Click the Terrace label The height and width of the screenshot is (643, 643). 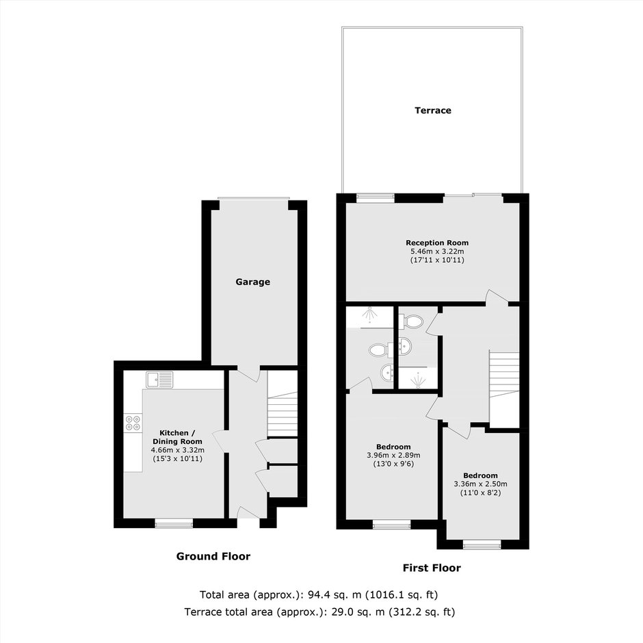[432, 110]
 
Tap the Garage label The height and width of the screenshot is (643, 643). [252, 282]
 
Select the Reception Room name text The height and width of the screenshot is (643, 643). [437, 243]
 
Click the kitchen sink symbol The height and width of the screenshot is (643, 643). [159, 380]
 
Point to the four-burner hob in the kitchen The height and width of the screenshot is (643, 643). [133, 423]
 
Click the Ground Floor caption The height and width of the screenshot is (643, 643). [213, 556]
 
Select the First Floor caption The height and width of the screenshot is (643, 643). [432, 568]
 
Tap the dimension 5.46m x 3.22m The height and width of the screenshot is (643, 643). [437, 251]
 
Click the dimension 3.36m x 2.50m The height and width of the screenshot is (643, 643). [480, 484]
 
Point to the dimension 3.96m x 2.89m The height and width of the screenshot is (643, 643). [393, 455]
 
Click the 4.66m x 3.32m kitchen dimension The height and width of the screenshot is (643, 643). [178, 450]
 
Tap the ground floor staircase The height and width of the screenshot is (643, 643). [282, 414]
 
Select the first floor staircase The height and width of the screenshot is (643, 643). [504, 390]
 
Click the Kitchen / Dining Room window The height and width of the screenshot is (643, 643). [174, 523]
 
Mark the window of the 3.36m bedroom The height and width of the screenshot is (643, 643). [482, 544]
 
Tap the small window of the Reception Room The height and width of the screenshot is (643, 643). [376, 198]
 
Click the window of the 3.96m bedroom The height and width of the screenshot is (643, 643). [392, 525]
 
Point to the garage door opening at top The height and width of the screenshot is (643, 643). [253, 199]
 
